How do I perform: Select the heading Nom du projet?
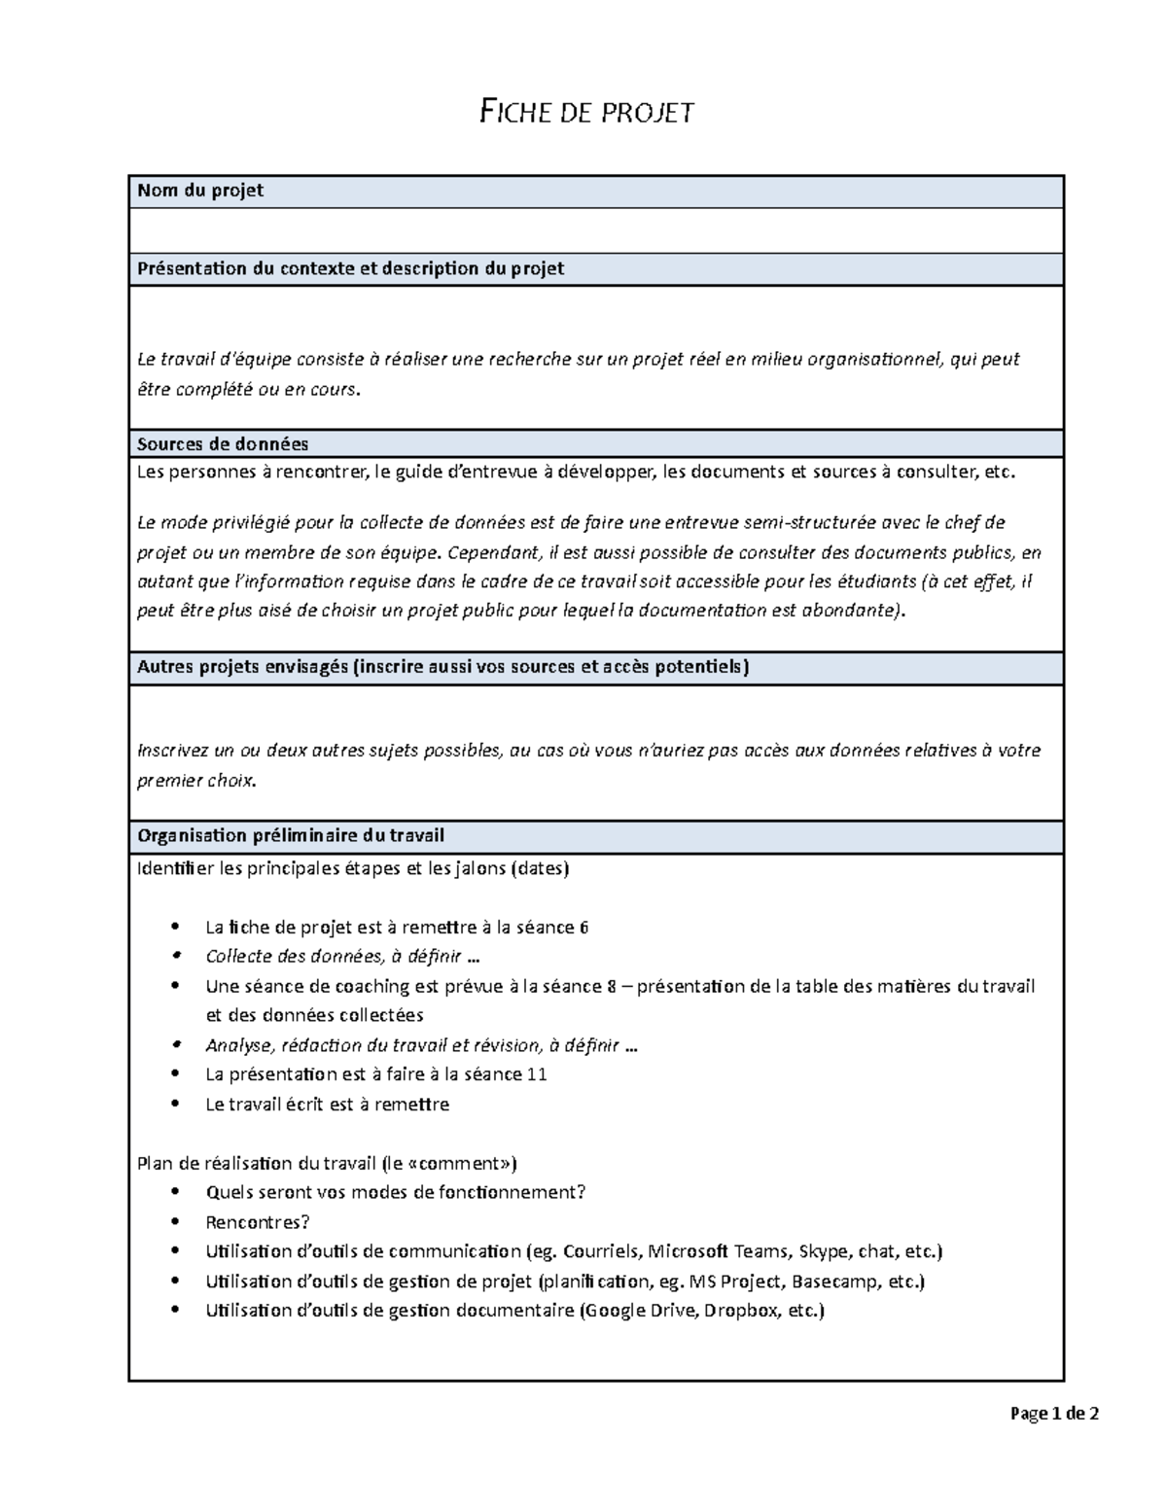click(200, 191)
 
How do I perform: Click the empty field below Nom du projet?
click(595, 230)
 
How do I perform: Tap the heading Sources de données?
click(223, 444)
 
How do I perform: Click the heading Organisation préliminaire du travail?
click(291, 835)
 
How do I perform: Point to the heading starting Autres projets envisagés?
click(443, 667)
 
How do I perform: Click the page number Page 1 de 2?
click(1054, 1414)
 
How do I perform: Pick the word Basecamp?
click(841, 1282)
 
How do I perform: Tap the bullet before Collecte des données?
click(175, 957)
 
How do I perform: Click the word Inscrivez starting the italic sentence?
click(174, 751)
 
